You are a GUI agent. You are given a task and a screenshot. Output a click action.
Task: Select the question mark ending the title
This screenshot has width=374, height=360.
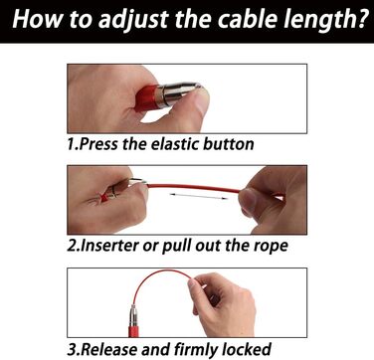click(364, 19)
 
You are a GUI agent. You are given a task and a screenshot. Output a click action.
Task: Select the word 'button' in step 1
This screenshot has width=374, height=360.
click(229, 144)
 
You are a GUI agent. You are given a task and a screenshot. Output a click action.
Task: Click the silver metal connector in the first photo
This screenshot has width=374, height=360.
click(178, 93)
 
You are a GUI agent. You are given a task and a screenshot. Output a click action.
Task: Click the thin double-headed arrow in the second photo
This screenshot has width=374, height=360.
click(199, 196)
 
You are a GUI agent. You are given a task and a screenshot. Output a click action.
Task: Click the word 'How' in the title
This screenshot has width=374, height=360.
click(37, 19)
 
